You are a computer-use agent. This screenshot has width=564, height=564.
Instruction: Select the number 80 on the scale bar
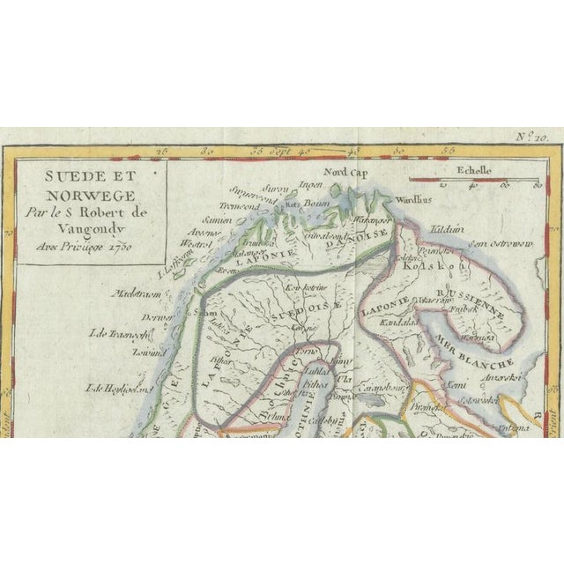coord(534,186)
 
